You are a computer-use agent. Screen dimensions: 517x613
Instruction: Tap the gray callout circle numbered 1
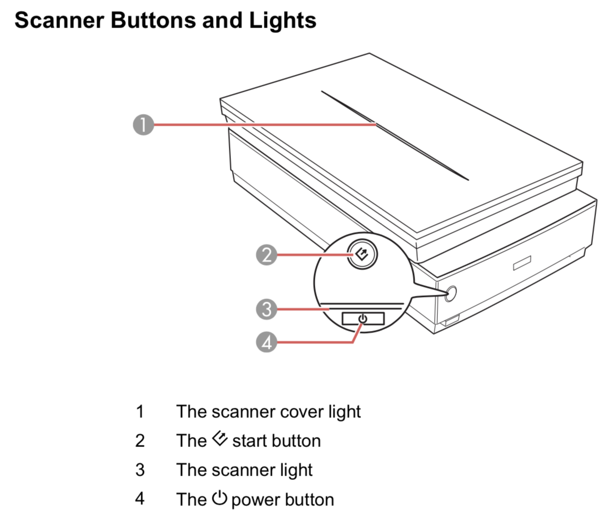coord(142,126)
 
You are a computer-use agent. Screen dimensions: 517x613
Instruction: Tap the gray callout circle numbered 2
coord(266,255)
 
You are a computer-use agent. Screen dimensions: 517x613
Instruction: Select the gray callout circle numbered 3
coord(266,308)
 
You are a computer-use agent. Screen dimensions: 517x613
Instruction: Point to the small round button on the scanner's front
coord(451,294)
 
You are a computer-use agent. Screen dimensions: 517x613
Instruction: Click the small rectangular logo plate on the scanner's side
coord(522,264)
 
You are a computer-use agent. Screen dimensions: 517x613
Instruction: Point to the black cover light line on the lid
coord(395,136)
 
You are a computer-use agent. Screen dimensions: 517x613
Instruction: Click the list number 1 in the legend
coord(140,411)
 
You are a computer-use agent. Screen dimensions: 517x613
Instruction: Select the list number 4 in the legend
coord(140,500)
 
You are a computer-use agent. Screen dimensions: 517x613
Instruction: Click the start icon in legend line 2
coord(219,440)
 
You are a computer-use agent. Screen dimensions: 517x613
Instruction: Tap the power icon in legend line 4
coord(220,498)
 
